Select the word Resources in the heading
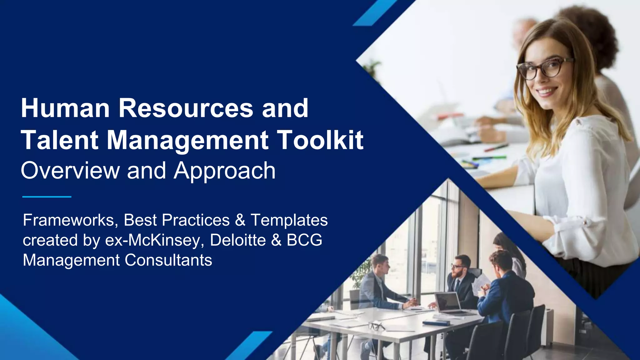[x=186, y=108]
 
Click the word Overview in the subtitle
[x=70, y=171]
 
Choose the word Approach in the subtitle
[x=225, y=171]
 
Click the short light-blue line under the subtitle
[x=47, y=197]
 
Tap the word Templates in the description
[x=289, y=220]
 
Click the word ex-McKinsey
[x=155, y=240]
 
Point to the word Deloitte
[x=238, y=240]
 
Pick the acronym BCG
[x=304, y=240]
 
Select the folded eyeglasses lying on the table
[x=377, y=326]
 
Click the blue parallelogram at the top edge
[x=375, y=12]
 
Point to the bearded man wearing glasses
[x=459, y=275]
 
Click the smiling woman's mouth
[x=547, y=91]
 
